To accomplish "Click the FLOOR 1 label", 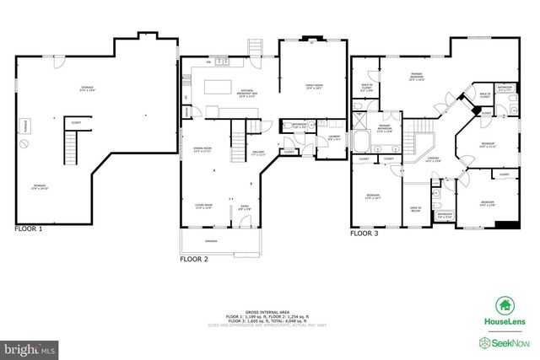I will (28, 228).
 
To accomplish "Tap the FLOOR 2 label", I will (193, 260).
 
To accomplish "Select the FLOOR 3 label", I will (364, 233).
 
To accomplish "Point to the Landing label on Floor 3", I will (433, 159).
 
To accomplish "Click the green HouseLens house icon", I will (505, 305).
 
